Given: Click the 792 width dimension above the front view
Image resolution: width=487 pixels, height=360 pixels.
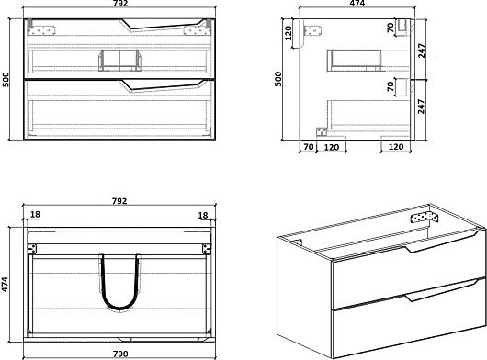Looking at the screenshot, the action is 119,4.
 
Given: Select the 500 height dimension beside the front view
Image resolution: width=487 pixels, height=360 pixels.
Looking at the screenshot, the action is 6,80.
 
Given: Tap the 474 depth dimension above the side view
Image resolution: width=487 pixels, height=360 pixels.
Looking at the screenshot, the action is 357,4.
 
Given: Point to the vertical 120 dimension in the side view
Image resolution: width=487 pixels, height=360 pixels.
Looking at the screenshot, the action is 289,33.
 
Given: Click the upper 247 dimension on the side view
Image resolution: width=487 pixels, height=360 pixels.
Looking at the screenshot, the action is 421,51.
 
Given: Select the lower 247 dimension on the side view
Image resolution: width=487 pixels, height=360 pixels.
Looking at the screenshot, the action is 421,107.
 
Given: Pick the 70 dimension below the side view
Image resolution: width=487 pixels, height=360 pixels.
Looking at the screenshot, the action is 309,147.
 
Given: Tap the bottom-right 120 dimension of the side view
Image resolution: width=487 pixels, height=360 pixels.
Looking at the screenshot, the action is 396,147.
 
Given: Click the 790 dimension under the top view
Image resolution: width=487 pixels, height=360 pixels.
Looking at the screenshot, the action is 120,354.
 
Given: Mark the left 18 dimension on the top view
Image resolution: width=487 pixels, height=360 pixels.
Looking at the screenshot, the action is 35,215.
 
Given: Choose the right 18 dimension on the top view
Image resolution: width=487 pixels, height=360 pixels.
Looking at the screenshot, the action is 203,215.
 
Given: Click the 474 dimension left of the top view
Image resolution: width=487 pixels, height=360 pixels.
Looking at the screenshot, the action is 6,285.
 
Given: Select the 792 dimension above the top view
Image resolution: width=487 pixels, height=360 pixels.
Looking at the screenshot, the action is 119,201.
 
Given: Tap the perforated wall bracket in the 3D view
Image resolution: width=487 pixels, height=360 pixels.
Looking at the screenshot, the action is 425,218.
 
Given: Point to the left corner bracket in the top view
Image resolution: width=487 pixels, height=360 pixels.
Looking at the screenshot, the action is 32,249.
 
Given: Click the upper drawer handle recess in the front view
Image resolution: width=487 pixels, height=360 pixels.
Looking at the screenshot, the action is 163,25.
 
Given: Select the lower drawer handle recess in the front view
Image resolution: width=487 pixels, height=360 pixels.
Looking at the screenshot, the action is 163,85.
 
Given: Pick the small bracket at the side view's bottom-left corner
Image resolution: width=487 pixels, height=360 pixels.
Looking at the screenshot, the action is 322,132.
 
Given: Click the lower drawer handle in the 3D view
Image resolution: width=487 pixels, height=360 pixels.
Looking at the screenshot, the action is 441,290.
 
